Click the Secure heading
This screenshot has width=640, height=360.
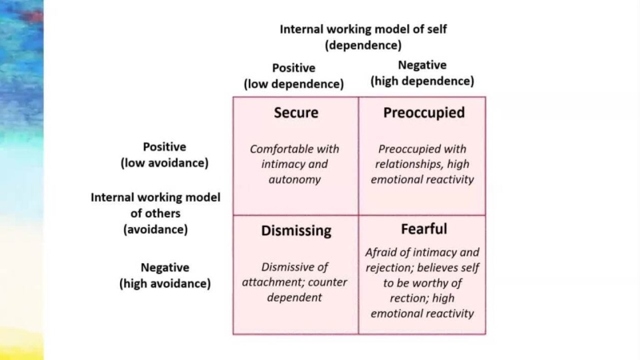point(296,113)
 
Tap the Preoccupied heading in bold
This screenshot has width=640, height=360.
point(423,113)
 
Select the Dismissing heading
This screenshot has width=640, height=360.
point(296,230)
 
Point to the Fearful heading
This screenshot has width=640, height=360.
point(423,229)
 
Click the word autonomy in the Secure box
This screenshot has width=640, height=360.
point(294,179)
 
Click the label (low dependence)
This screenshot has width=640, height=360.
point(294,84)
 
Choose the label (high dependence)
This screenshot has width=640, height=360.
point(422,81)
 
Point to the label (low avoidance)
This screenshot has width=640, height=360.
point(164,162)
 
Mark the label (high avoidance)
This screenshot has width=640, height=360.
point(165,283)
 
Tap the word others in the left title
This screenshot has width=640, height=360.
point(162,214)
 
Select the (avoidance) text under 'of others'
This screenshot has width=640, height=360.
point(155,230)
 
